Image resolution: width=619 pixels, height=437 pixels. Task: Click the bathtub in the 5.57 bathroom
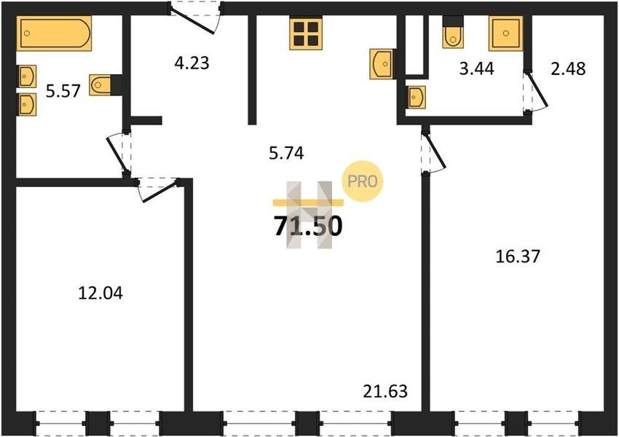pos(54,34)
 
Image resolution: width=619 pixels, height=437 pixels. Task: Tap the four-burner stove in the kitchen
pos(306,34)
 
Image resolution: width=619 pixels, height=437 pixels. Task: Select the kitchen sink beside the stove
pos(381,64)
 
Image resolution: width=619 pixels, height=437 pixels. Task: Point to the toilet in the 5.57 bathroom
pos(100,85)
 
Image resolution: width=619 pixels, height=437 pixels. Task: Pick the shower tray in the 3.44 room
pos(505,34)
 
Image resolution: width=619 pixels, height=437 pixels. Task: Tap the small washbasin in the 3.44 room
pos(417,97)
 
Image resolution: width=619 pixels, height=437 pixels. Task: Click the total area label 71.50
pos(308,227)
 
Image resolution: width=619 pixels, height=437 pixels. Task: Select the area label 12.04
pos(100,294)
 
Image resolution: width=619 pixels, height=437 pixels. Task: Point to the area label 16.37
pos(518,256)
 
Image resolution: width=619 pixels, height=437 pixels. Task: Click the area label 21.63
pos(385,391)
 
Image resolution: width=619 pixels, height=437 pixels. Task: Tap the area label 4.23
pos(192,63)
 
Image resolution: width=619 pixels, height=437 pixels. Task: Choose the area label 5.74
pos(286,153)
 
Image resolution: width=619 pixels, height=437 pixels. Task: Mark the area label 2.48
pos(568,68)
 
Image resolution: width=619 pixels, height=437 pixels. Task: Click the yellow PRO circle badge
pos(363,181)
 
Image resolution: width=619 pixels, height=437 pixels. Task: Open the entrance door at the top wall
pos(194,17)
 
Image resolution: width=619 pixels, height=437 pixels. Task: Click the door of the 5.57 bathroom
pos(119,152)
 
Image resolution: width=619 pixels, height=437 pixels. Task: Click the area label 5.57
pos(63,91)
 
